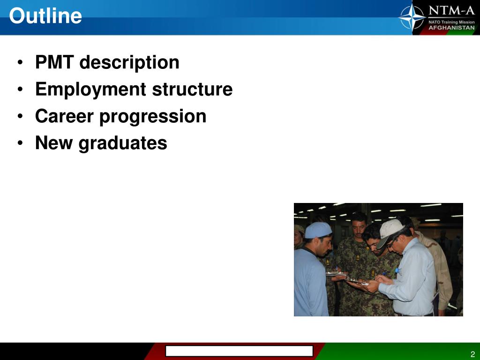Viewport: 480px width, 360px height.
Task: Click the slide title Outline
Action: pos(45,16)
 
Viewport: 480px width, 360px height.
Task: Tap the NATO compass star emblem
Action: pos(412,17)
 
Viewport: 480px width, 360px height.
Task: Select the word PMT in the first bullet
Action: pos(55,62)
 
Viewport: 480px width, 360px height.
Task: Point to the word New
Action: pos(54,143)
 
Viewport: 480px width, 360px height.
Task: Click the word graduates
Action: pos(123,143)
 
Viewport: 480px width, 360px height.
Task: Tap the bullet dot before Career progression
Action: pos(21,117)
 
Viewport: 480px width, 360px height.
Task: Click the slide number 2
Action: pos(472,354)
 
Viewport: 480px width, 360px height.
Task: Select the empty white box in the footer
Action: pos(239,351)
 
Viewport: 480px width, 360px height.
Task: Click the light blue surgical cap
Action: pos(318,230)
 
